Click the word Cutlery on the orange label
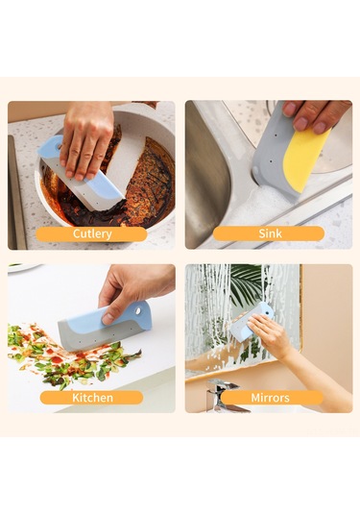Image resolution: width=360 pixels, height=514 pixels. coord(92,233)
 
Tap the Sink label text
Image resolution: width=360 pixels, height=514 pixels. coord(270,233)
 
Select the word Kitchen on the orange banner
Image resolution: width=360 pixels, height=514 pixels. coord(92,398)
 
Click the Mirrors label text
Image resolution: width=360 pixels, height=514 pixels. coord(271,398)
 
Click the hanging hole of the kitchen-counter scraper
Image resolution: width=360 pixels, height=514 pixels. coord(138,310)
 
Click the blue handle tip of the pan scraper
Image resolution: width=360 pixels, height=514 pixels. coord(50,145)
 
